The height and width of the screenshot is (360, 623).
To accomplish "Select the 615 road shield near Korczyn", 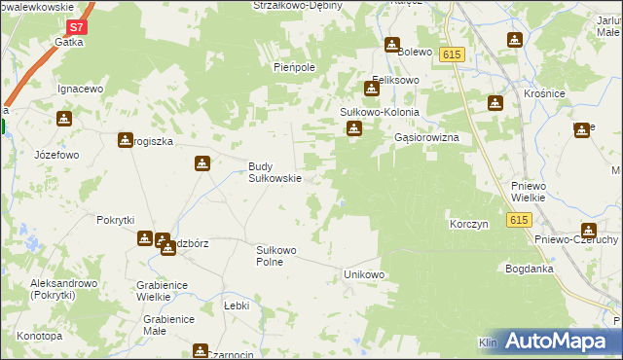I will (518, 221).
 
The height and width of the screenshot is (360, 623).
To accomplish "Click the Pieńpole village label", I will (292, 69).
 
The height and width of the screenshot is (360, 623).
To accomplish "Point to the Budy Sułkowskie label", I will (275, 172).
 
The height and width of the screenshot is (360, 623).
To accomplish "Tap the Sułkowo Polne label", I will (275, 256).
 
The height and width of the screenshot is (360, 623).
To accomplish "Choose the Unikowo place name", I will (365, 275).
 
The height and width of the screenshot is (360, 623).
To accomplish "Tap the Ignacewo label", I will (80, 89).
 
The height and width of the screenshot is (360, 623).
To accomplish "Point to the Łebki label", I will (237, 306).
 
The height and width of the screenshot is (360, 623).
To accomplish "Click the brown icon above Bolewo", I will (392, 45).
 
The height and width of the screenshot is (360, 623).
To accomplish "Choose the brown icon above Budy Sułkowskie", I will (202, 163).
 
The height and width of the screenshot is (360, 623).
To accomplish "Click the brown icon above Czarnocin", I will (201, 350).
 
